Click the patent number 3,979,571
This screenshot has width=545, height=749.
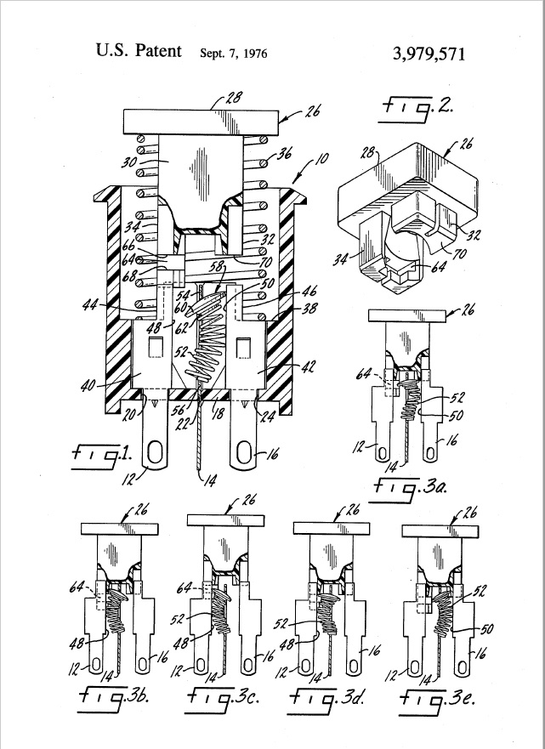(x=429, y=53)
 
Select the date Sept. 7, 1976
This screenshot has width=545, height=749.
(x=234, y=54)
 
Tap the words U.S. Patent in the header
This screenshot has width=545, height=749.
(x=139, y=51)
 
